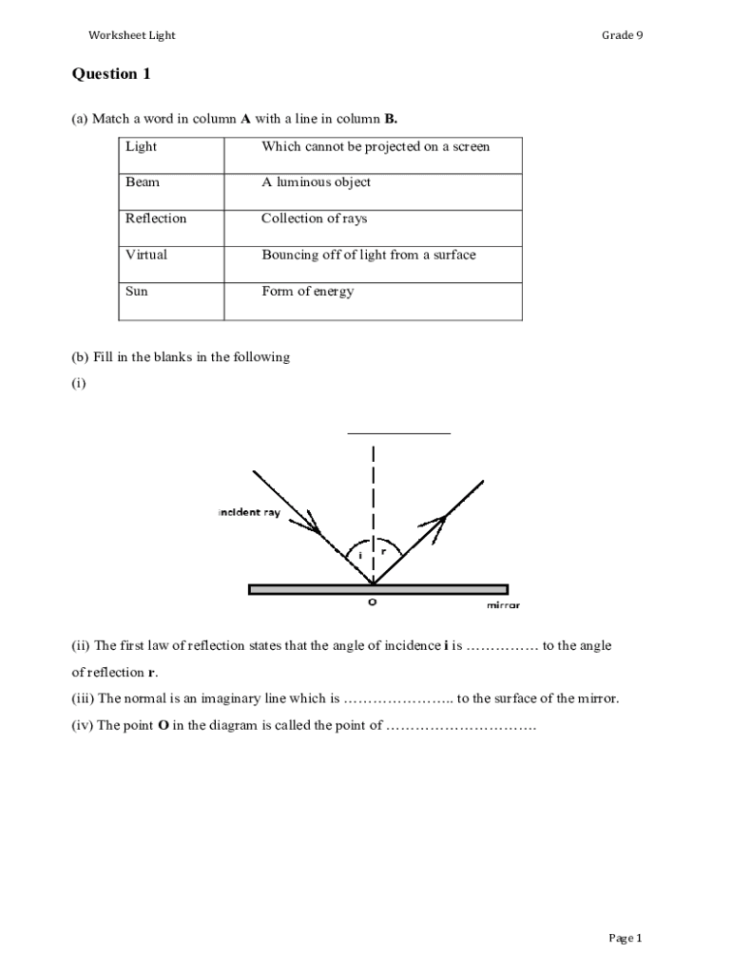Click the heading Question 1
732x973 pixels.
pos(111,74)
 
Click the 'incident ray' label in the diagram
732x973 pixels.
pos(249,513)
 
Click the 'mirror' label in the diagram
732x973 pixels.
pos(503,605)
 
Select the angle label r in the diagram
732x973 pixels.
pos(383,550)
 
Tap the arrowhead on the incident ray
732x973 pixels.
pos(313,524)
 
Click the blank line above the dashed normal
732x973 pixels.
pos(398,432)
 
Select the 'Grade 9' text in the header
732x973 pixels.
pos(622,35)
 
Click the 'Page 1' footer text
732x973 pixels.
pos(626,939)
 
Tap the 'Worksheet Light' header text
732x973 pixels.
pos(132,35)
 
